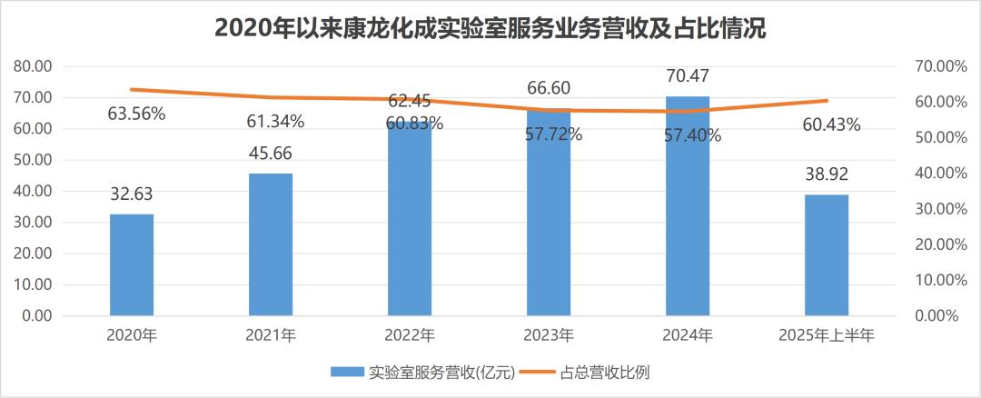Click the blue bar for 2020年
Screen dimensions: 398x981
point(132,264)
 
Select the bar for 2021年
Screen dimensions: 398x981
point(271,244)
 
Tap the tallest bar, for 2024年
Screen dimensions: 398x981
point(688,205)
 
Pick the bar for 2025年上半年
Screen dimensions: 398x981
point(827,254)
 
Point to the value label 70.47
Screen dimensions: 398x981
point(688,75)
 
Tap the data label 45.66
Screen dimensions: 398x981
point(271,154)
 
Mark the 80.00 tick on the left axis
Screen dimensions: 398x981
point(33,66)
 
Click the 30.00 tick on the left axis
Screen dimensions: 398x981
point(33,223)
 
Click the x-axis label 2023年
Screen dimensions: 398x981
point(549,335)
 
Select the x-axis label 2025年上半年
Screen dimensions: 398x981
point(827,335)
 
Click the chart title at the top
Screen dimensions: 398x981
point(490,28)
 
